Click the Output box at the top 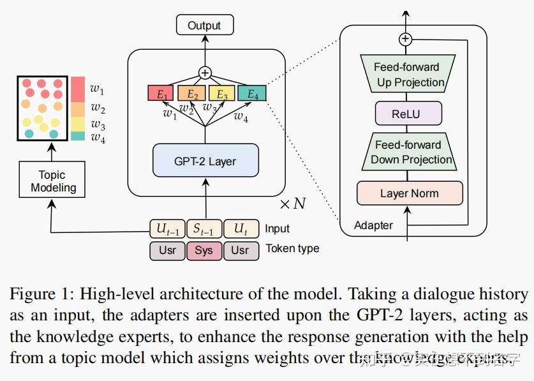tap(204, 26)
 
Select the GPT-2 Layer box tap(205, 161)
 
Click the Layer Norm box tap(409, 193)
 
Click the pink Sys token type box tap(204, 250)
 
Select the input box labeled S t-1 tap(204, 228)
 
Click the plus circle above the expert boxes tap(205, 73)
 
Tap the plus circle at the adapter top tap(405, 39)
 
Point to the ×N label tap(293, 204)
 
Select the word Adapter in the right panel tap(373, 225)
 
